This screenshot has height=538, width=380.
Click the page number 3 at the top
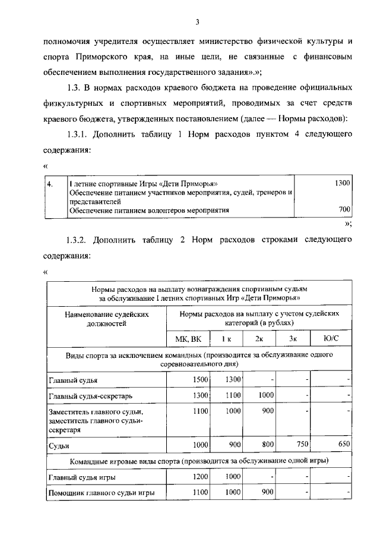coord(197,23)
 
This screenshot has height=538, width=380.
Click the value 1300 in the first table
coord(342,183)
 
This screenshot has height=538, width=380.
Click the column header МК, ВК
coord(188,339)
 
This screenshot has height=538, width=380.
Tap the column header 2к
coord(259,339)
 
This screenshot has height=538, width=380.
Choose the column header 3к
coord(293,339)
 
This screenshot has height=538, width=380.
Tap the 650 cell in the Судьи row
coord(341,444)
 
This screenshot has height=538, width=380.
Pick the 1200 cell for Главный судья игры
coord(200,477)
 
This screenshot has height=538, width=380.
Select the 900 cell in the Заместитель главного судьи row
coord(267,411)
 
